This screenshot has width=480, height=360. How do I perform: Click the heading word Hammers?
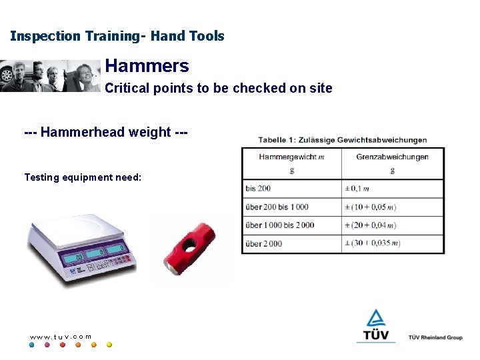(147, 66)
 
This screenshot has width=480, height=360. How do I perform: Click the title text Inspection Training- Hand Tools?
(117, 36)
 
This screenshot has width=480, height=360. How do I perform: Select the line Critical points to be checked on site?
(219, 88)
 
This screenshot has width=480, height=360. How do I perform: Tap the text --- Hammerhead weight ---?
(106, 132)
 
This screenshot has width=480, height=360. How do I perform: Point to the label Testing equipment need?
(83, 177)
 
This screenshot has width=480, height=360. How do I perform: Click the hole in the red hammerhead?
(193, 245)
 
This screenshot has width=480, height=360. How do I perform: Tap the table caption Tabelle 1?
(343, 139)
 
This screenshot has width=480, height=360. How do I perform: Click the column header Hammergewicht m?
(291, 157)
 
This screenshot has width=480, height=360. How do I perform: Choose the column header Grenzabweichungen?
(392, 157)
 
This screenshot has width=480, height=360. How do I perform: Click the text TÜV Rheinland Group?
(435, 337)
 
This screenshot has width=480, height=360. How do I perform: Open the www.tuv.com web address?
(61, 336)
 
